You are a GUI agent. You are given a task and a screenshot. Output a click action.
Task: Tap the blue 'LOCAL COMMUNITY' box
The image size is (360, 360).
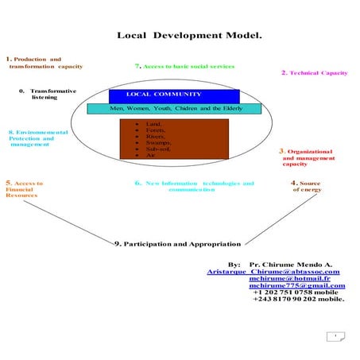tap(174, 95)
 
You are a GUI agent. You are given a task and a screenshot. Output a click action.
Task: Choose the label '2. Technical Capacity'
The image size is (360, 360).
tap(315, 73)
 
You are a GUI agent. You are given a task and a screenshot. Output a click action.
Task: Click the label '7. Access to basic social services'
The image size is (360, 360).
tap(184, 67)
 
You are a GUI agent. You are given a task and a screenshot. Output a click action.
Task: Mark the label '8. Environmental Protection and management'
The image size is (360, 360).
tap(32, 138)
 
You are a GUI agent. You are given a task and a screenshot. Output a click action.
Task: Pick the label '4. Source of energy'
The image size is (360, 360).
tap(307, 186)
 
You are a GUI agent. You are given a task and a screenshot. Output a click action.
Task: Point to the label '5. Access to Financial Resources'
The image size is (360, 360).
tap(24, 189)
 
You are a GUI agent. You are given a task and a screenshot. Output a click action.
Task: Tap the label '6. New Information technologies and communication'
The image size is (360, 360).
tap(194, 186)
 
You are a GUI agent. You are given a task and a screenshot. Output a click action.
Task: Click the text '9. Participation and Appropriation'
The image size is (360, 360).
tap(177, 243)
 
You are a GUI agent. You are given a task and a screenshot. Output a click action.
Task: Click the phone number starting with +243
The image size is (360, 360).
tap(298, 300)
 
